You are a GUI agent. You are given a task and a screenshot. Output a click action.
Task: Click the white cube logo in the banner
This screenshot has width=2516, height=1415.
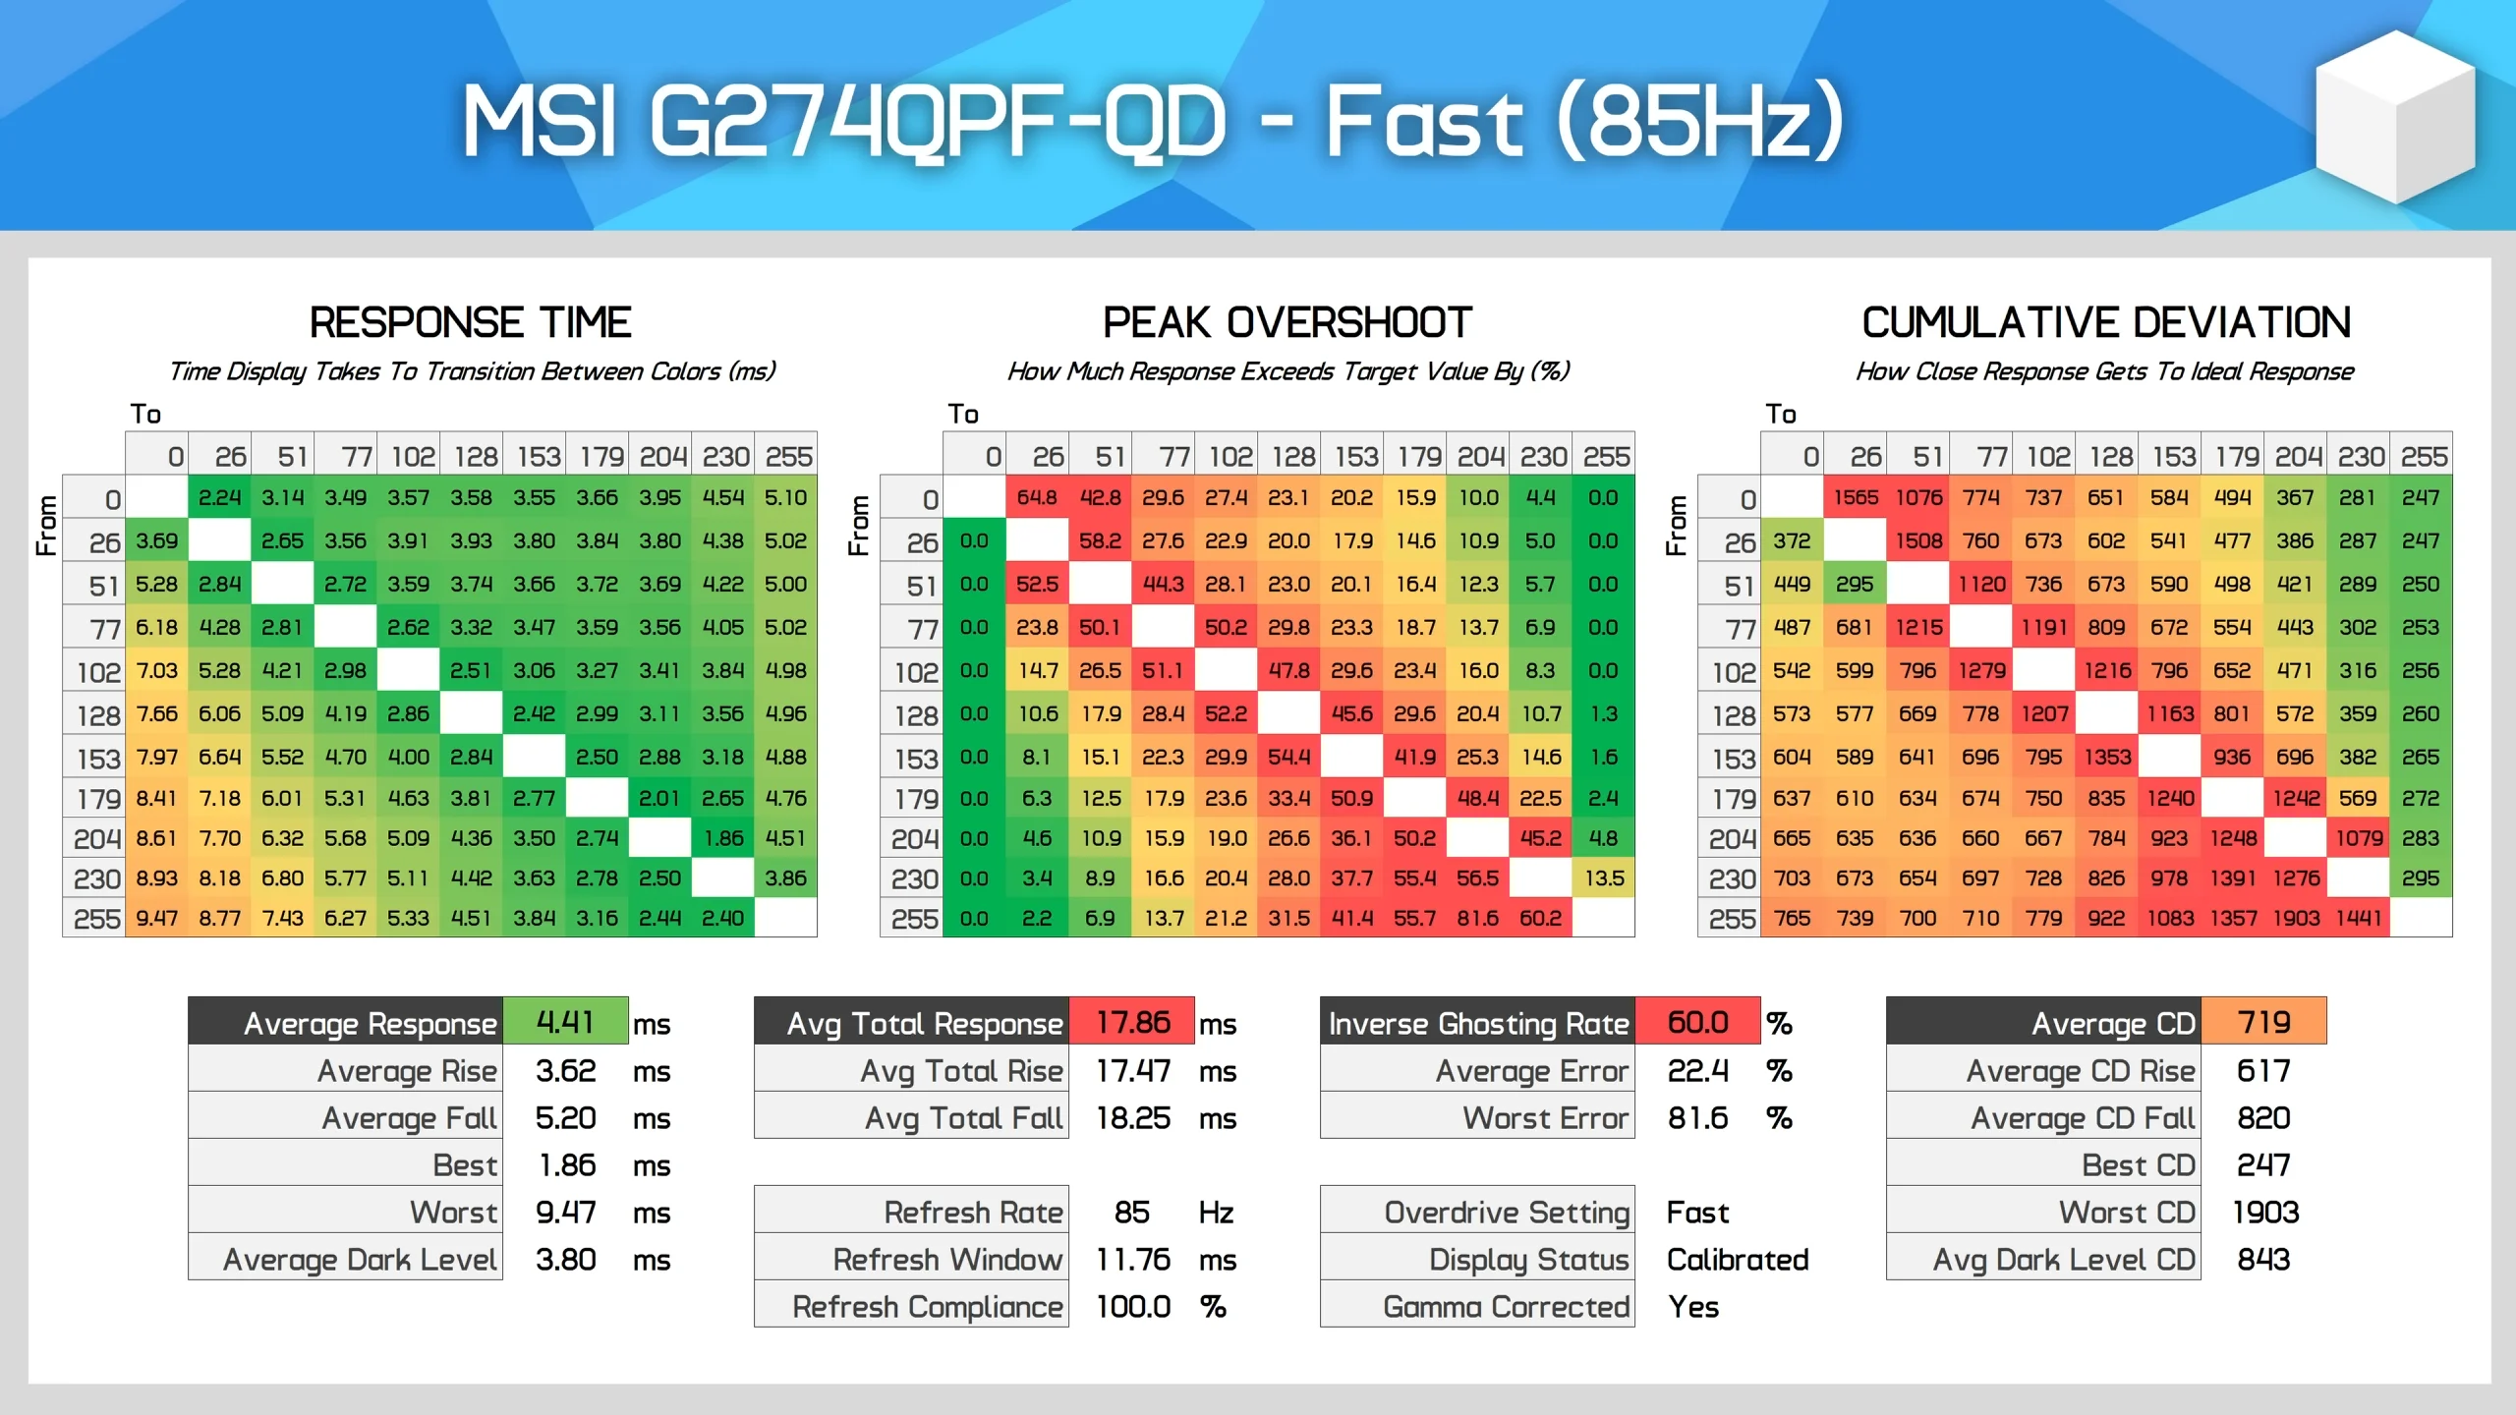pos(2394,118)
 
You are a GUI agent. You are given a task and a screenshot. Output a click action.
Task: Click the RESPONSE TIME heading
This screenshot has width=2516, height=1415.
pos(470,322)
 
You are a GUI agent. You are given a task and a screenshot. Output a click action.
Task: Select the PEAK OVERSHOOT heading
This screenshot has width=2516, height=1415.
pos(1287,322)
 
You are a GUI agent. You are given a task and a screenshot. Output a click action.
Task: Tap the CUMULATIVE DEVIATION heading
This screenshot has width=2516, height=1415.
pos(2106,322)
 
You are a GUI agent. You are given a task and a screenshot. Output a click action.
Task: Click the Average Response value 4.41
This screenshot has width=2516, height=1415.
pos(565,1022)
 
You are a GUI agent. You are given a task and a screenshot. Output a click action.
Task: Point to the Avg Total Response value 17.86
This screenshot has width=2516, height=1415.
pos(1132,1022)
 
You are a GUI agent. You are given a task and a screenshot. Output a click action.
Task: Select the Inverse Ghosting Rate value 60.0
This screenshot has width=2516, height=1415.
pos(1697,1022)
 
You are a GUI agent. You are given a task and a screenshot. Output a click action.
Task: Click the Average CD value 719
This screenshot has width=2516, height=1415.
pos(2263,1022)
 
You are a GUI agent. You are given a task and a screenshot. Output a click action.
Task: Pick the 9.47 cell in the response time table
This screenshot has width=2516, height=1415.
pos(157,918)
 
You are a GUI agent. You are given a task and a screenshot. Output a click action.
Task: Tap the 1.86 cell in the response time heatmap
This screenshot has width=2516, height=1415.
pos(723,838)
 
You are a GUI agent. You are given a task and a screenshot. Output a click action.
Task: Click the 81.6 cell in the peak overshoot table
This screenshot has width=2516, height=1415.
pos(1478,918)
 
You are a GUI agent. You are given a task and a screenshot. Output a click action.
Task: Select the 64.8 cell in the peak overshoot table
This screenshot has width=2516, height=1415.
pos(1037,497)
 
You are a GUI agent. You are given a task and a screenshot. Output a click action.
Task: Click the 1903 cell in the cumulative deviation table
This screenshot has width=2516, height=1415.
pos(2296,918)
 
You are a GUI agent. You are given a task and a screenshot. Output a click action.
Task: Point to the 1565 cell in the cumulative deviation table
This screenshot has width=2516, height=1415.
pos(1855,497)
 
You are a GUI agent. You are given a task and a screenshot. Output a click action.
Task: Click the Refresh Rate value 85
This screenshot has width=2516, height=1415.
pos(1132,1212)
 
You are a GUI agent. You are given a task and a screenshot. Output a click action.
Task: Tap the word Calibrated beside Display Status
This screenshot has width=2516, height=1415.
pos(1738,1259)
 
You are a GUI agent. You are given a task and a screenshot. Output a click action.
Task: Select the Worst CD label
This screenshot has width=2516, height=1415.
pos(2127,1212)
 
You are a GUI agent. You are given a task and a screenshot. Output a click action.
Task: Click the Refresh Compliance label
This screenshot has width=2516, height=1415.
pos(927,1306)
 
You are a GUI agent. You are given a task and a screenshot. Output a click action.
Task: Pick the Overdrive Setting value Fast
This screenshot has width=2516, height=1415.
pos(1697,1212)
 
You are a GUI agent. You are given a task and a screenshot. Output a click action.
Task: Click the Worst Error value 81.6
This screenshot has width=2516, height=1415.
pos(1697,1117)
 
